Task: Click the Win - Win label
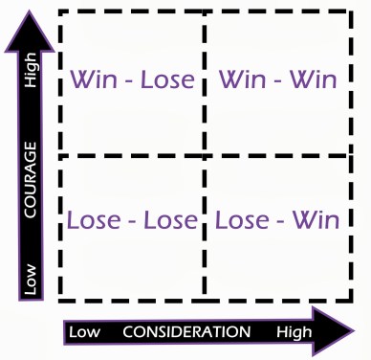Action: [x=277, y=79]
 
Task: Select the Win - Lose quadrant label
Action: [x=133, y=79]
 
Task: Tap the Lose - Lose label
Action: [x=133, y=219]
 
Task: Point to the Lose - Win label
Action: [x=277, y=219]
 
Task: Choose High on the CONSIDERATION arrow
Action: [x=294, y=331]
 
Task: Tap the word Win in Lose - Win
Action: [x=316, y=219]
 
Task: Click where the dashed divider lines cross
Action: [x=204, y=155]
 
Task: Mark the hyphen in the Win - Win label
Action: [x=277, y=81]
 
